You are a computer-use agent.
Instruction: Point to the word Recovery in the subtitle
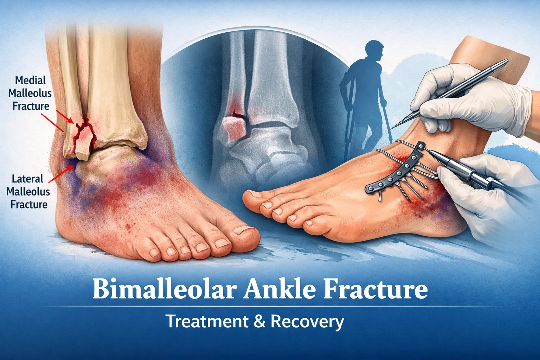307,322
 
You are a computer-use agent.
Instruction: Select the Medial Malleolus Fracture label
31,93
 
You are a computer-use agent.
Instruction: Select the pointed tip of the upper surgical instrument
392,127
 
